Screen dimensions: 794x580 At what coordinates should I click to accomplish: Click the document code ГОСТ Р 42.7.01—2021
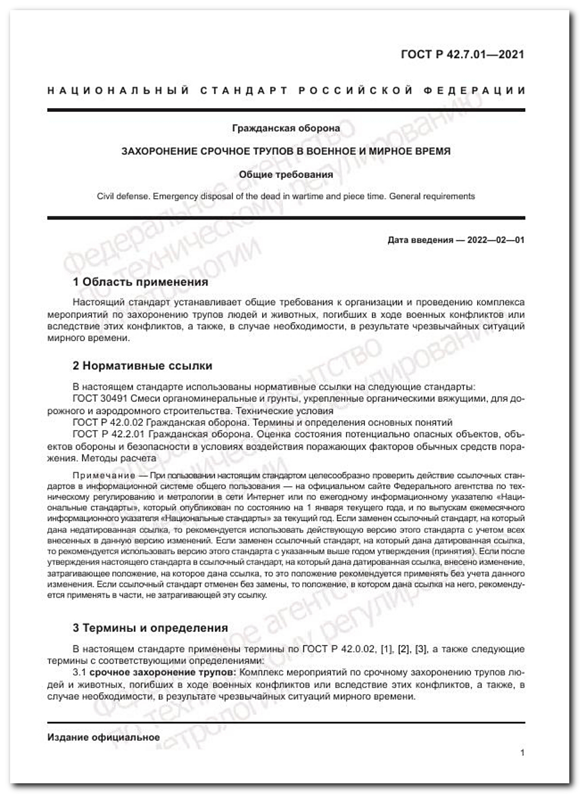pos(462,55)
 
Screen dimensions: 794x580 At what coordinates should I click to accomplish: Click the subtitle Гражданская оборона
pos(286,128)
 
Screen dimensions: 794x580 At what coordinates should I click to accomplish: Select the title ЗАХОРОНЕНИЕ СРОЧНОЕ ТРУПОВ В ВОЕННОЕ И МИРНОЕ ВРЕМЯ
pos(286,151)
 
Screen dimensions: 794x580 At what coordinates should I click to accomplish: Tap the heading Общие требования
pos(286,175)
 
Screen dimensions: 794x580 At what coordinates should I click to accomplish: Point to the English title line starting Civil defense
pos(286,196)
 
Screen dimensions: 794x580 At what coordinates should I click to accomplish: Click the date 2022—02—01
pos(496,240)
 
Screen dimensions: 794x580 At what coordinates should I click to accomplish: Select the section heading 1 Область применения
pos(140,282)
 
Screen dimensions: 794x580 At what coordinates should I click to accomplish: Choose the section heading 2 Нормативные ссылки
pos(142,365)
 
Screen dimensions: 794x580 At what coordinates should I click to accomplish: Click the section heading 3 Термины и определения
pos(150,627)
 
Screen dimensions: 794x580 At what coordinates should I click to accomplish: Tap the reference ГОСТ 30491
pos(99,398)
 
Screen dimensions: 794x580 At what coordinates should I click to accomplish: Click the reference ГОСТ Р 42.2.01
pos(108,434)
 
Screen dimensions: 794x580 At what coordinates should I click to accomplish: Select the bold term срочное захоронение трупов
pos(162,673)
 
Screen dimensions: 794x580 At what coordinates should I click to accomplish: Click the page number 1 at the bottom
pos(522,753)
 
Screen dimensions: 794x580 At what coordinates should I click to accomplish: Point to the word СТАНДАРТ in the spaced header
pos(244,91)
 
